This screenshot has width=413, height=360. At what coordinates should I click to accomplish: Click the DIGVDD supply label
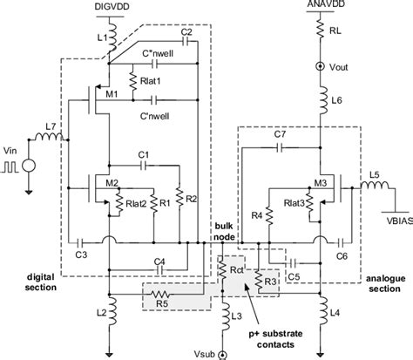109,6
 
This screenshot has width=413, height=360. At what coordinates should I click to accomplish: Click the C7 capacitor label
279,135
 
